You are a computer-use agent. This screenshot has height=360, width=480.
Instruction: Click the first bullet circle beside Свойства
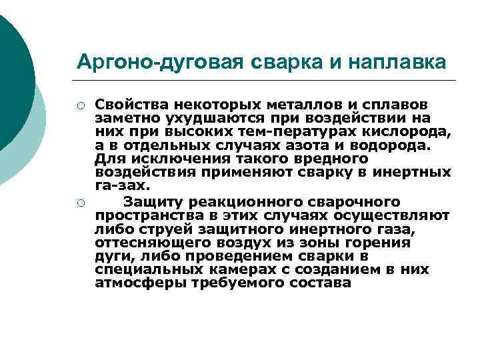click(x=80, y=105)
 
